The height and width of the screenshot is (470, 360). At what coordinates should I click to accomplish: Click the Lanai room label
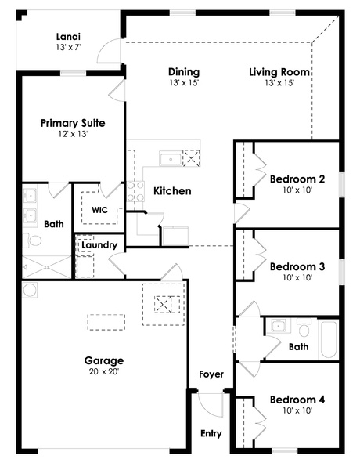click(x=68, y=37)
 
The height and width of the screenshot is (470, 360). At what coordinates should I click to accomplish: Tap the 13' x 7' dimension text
click(x=68, y=47)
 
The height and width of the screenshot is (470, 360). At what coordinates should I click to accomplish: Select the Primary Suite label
click(x=73, y=123)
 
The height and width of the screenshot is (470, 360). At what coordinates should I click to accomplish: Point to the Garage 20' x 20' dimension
click(x=104, y=371)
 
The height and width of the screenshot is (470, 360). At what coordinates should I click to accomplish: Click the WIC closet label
click(x=99, y=210)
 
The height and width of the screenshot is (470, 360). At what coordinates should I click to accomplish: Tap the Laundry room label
click(x=99, y=245)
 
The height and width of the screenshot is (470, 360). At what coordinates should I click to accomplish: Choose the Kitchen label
click(x=172, y=191)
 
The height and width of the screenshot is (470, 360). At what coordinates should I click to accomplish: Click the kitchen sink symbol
click(x=171, y=159)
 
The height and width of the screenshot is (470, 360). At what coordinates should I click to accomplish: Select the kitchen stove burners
click(x=135, y=191)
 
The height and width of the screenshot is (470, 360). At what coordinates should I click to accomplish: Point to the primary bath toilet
click(x=32, y=240)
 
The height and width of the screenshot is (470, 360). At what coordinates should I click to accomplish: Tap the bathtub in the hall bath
click(x=329, y=339)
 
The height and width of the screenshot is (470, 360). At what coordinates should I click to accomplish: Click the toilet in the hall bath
click(x=304, y=327)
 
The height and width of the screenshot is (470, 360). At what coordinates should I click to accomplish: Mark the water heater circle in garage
click(x=30, y=290)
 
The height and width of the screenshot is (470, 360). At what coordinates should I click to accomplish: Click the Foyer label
click(x=211, y=374)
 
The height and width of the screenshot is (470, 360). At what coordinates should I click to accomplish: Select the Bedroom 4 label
click(x=297, y=399)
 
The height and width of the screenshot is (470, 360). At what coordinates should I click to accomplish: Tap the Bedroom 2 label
click(x=297, y=179)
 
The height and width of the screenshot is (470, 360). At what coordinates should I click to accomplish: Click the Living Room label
click(x=279, y=72)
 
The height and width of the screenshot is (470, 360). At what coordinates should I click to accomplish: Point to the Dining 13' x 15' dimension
click(x=184, y=83)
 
